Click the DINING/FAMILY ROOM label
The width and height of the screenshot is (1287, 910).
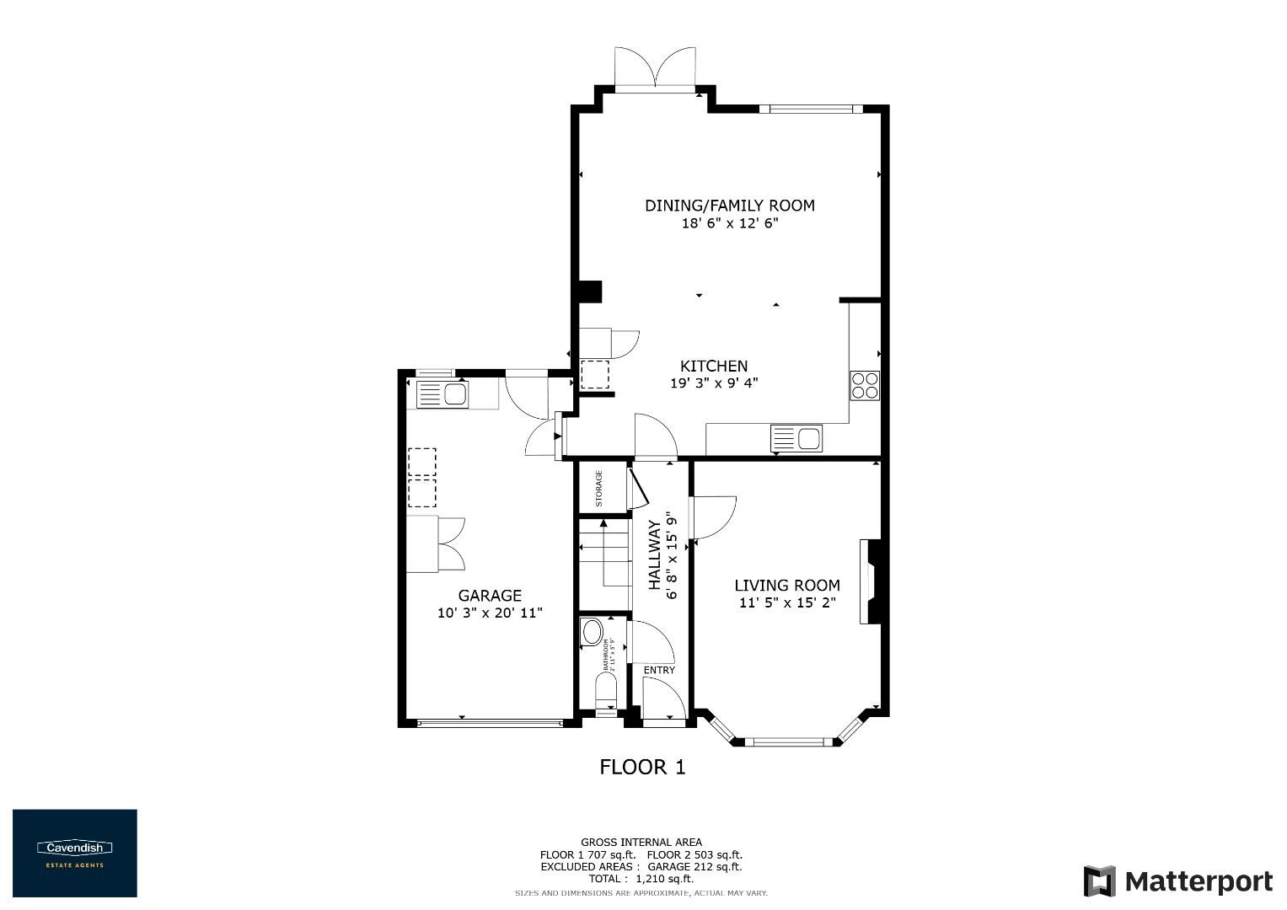729,206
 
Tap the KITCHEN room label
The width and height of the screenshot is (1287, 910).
714,367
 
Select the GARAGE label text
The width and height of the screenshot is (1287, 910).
490,596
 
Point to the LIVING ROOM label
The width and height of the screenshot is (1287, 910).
787,586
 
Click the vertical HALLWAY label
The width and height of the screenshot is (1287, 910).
654,556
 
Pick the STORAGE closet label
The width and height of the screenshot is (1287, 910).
599,488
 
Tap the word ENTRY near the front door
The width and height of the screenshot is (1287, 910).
659,671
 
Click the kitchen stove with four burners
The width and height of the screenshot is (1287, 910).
865,385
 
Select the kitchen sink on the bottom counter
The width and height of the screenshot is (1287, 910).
796,439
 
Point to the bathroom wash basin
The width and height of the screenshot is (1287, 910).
593,632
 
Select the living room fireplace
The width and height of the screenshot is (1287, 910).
871,581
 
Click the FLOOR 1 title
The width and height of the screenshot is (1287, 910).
642,768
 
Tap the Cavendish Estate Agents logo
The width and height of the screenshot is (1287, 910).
75,853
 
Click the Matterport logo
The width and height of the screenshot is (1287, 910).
1177,881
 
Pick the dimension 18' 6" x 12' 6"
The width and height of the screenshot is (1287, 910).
729,224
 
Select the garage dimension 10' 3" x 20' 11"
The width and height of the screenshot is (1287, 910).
490,613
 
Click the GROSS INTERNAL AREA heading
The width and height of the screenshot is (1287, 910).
641,842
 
